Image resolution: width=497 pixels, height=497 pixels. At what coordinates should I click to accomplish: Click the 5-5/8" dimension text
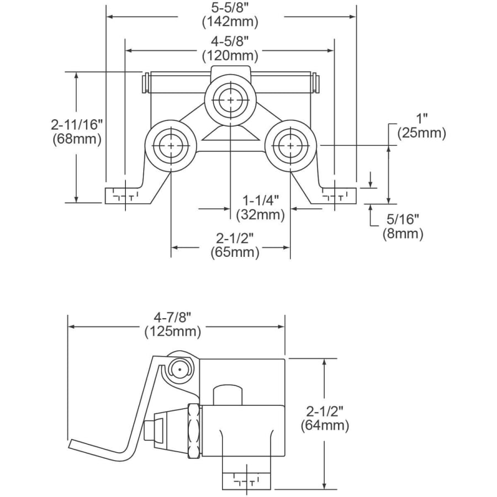click(230, 8)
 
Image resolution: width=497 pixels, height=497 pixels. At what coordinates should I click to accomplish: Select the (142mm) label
click(230, 22)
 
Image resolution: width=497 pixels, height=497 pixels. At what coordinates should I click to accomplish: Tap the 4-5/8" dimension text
click(230, 41)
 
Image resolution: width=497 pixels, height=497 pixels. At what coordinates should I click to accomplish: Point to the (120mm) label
click(230, 56)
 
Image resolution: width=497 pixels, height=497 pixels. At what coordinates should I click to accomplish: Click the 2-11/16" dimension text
click(77, 125)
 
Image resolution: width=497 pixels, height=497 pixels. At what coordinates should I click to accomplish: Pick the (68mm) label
click(77, 139)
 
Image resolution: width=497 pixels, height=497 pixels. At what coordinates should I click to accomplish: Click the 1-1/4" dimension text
click(261, 200)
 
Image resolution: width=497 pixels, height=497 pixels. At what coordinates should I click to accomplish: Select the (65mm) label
click(235, 252)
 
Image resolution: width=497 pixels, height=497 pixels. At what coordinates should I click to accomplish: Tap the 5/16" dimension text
click(403, 219)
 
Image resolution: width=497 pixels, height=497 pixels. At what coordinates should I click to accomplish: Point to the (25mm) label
click(422, 133)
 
